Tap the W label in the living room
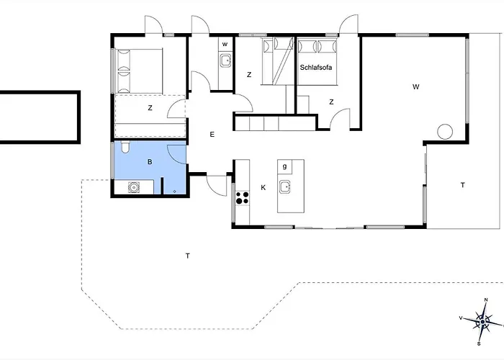[415, 86]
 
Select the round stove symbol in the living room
[445, 132]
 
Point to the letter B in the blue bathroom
[150, 163]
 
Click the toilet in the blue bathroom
[126, 148]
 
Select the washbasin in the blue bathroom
[133, 188]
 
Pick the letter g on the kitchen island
[285, 166]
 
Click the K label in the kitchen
[264, 188]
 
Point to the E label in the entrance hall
[212, 135]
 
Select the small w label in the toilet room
[225, 45]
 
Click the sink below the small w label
[225, 60]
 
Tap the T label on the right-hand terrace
[462, 185]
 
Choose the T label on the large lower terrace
[187, 256]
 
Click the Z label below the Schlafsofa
[331, 102]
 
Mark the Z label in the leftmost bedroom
[150, 108]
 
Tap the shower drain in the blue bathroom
[175, 192]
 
